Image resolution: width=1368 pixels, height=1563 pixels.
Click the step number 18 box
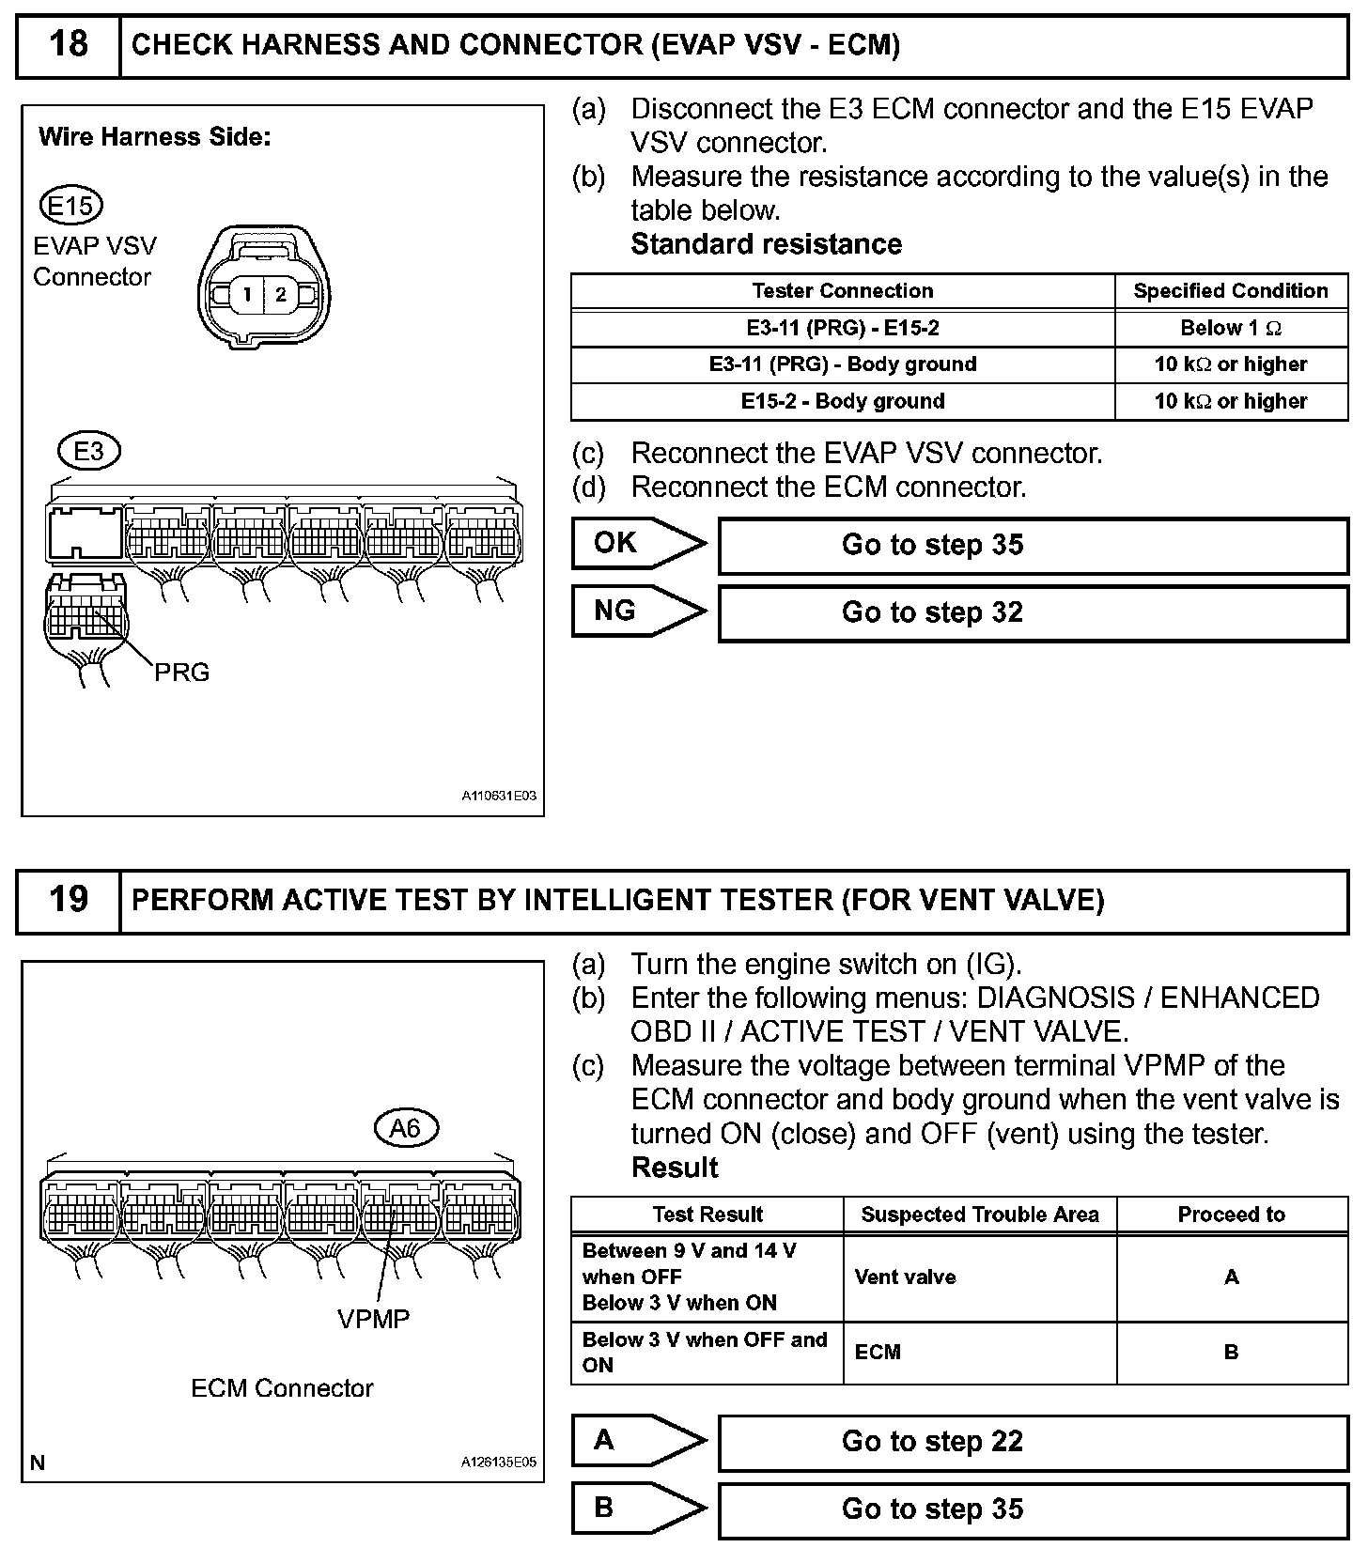point(68,45)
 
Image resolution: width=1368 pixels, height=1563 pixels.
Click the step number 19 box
point(68,900)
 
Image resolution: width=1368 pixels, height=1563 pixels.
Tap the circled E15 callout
point(71,206)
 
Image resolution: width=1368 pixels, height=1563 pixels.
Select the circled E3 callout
point(88,452)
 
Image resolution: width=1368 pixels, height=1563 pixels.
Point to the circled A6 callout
point(405,1127)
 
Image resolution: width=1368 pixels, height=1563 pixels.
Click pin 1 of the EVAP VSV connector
point(247,294)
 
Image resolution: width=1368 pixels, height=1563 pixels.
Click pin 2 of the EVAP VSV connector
point(280,294)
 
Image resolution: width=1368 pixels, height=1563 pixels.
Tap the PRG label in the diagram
point(181,673)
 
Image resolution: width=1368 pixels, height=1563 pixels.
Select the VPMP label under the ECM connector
point(374,1319)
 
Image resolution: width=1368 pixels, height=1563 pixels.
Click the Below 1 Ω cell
point(1231,329)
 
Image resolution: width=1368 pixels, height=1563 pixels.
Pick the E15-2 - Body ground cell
point(843,402)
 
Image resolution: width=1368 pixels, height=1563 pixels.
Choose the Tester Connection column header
point(843,291)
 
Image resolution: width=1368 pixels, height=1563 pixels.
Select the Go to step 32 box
point(1033,613)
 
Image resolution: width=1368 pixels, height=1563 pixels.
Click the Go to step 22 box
point(1033,1442)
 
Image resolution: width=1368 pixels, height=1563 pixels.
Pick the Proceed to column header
point(1231,1215)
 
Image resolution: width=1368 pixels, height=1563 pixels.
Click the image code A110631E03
point(498,797)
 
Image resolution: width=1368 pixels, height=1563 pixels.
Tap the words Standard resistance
point(766,244)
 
